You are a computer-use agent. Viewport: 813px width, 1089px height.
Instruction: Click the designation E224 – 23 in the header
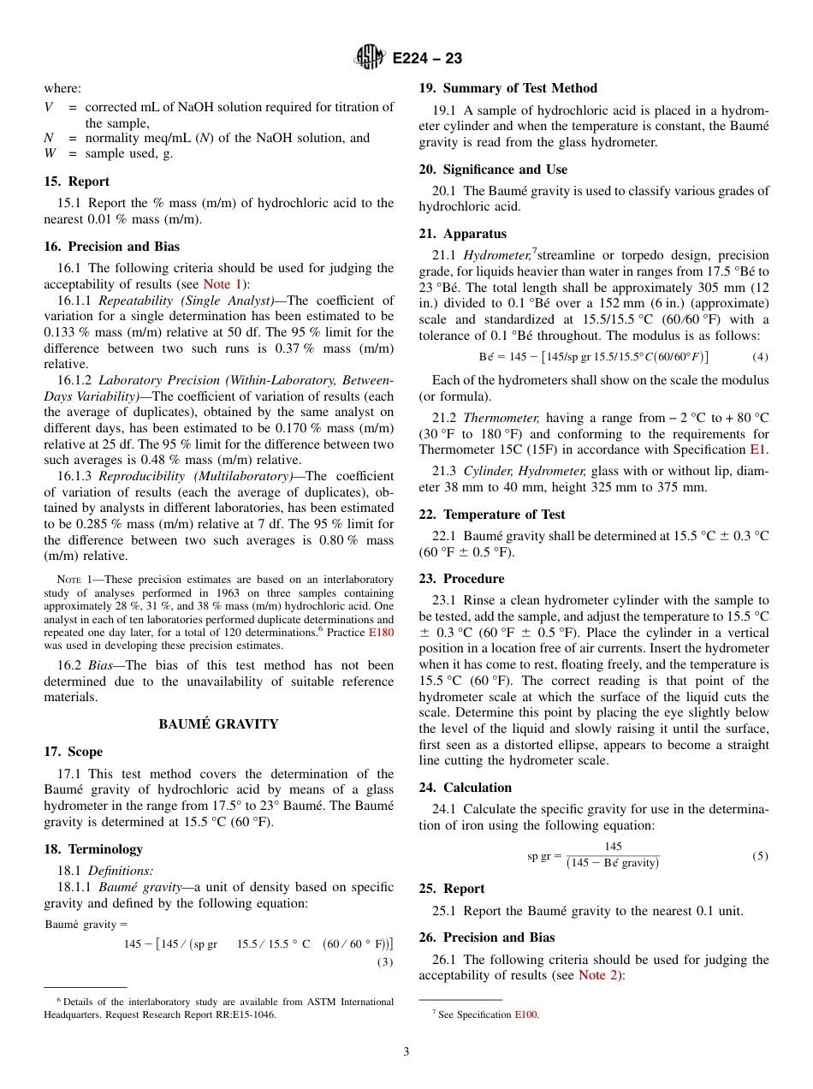pos(427,58)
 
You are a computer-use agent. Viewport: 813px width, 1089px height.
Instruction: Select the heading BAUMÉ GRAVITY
pos(218,724)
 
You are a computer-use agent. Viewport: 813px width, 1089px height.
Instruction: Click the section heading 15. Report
pos(77,181)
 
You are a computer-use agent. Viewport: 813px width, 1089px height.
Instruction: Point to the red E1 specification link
pos(758,449)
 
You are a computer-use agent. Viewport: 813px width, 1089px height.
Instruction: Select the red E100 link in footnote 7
pos(525,1015)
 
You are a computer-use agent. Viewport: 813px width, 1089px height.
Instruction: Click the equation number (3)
pos(385,961)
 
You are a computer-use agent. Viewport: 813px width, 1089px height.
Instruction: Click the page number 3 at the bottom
pos(406,1052)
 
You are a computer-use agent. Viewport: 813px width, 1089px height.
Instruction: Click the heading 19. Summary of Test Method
pos(508,88)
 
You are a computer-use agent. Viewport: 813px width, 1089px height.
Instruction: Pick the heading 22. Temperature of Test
pos(492,515)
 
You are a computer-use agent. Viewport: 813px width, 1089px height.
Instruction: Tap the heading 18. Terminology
pos(93,849)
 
